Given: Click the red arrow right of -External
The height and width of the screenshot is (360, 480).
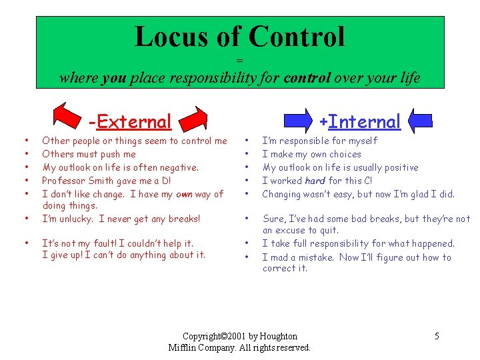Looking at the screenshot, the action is (198, 119).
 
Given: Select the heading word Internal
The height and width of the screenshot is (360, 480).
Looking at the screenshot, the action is (365, 122).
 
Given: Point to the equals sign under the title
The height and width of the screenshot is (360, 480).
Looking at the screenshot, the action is (240, 61).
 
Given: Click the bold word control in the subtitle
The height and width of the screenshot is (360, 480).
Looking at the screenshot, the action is (307, 78).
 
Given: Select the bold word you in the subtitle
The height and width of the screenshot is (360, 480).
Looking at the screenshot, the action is (114, 78).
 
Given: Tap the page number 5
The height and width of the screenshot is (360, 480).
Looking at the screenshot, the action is (437, 336).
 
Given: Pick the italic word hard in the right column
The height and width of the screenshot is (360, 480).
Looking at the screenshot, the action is (315, 181).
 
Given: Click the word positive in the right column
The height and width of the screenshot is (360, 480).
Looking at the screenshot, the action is (399, 167).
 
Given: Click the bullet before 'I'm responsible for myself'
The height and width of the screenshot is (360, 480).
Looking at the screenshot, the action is (247, 141).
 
